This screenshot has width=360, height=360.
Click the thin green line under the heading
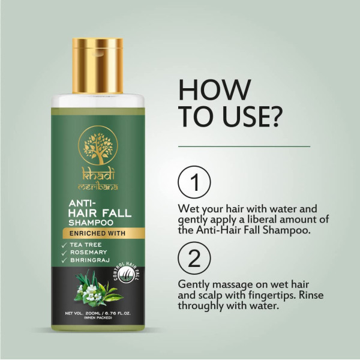click(245, 146)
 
